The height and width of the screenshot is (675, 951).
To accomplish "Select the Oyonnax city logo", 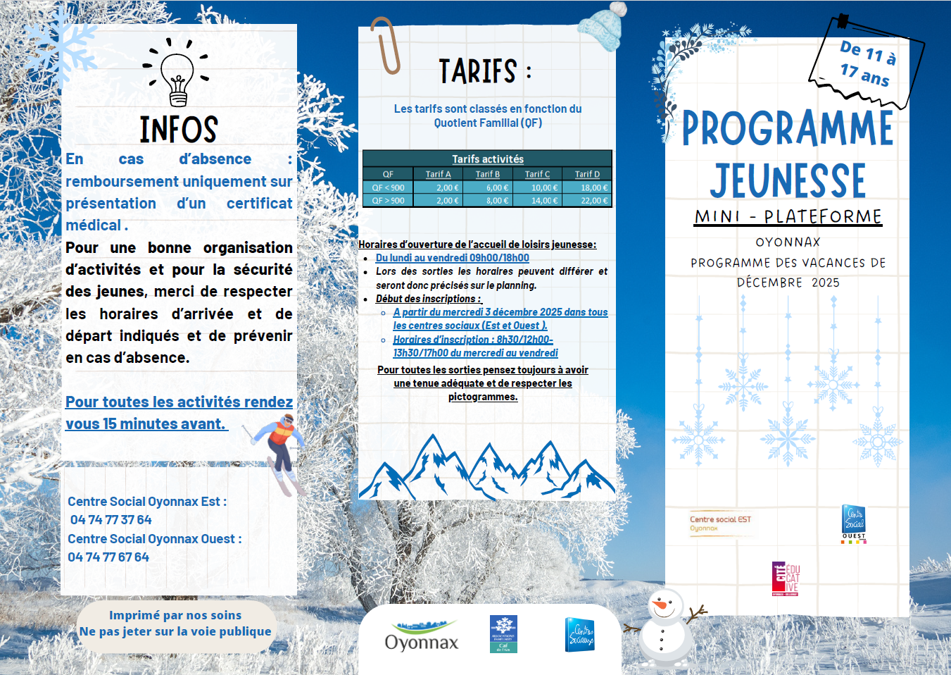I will click(x=421, y=635).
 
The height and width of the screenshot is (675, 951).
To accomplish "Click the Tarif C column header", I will click(x=537, y=174).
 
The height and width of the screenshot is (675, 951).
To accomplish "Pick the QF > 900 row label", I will click(x=388, y=201).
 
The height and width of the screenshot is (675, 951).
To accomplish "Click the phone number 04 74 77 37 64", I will click(x=111, y=520).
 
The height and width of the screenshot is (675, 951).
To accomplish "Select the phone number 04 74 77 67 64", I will click(x=108, y=557).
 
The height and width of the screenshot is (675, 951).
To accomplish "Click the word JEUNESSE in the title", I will click(x=788, y=181).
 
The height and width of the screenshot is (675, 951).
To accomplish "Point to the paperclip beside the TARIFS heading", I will click(x=385, y=45).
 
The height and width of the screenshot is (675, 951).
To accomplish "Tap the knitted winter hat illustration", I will click(x=602, y=27).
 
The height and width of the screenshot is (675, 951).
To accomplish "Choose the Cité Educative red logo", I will click(x=785, y=578).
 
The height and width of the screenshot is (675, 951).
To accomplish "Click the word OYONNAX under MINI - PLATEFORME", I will click(x=788, y=242).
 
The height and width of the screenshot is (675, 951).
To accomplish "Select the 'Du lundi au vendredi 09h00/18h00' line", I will click(x=452, y=258).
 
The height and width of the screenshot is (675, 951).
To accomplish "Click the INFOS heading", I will click(x=179, y=130).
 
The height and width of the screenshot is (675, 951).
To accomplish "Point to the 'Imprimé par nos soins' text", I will click(x=175, y=615).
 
